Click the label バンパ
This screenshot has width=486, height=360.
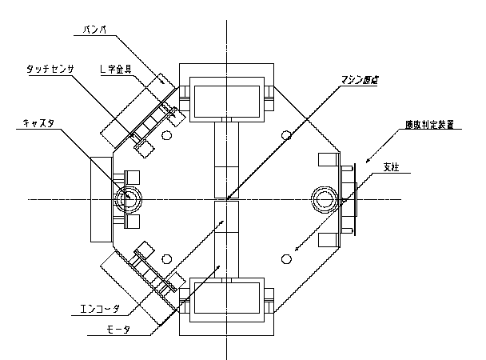click(x=95, y=32)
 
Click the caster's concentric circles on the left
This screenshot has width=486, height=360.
click(x=125, y=198)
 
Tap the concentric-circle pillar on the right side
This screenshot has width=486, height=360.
click(x=326, y=198)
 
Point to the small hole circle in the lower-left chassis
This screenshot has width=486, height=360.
click(x=166, y=258)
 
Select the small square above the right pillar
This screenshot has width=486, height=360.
click(x=328, y=159)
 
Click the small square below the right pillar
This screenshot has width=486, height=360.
click(x=328, y=239)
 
